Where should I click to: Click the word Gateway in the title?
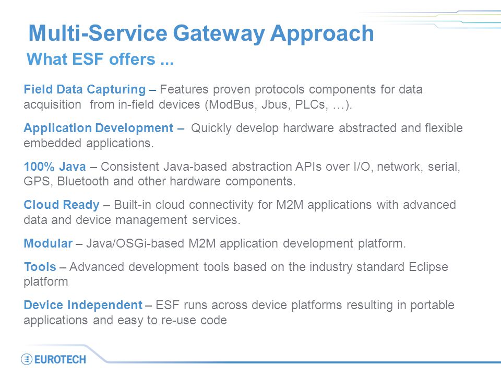point(219,34)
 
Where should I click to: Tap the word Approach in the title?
point(322,34)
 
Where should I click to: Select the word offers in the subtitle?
point(132,59)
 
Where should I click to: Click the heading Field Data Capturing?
point(85,89)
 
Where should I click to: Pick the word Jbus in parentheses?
point(276,104)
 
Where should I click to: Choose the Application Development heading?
point(99,128)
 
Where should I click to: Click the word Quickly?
point(211,128)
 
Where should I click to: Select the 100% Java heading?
point(55,167)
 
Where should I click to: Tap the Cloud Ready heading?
point(62,205)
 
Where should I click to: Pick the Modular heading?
point(48,243)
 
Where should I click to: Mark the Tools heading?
point(40,267)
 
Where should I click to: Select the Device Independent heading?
point(83,305)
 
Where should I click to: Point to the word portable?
point(432,305)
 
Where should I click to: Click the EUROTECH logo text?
point(60,359)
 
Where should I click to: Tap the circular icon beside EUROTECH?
point(27,359)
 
